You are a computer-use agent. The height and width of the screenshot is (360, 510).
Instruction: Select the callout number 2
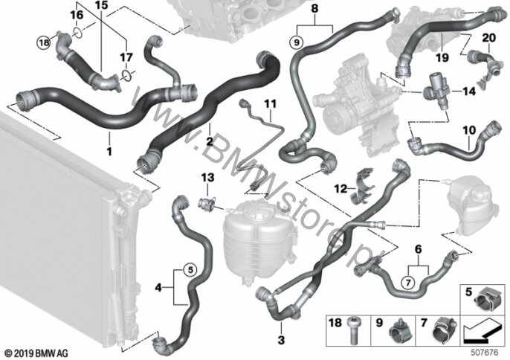pos(210,139)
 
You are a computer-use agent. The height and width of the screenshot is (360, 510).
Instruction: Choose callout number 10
pos(470,130)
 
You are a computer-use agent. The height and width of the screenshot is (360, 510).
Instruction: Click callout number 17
pos(126,57)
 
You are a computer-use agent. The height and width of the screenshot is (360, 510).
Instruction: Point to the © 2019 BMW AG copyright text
pos(30,351)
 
